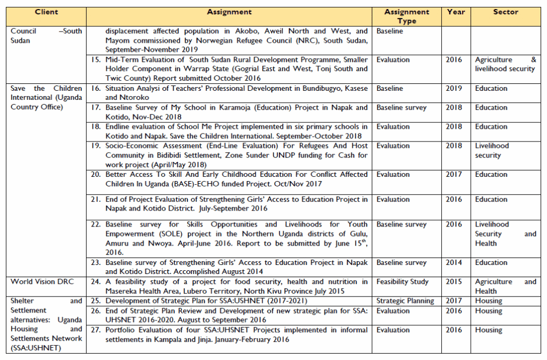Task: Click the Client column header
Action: tap(46, 12)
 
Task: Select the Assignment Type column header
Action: tap(407, 16)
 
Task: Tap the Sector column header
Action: tap(505, 12)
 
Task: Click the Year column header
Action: tap(456, 12)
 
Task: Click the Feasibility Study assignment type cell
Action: tap(402, 282)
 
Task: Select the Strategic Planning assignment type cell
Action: tap(405, 301)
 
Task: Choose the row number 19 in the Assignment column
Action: tap(96, 146)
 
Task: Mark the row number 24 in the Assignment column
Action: tap(96, 282)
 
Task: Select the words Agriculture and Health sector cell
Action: tap(505, 286)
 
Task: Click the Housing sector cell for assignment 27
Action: tap(489, 330)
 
